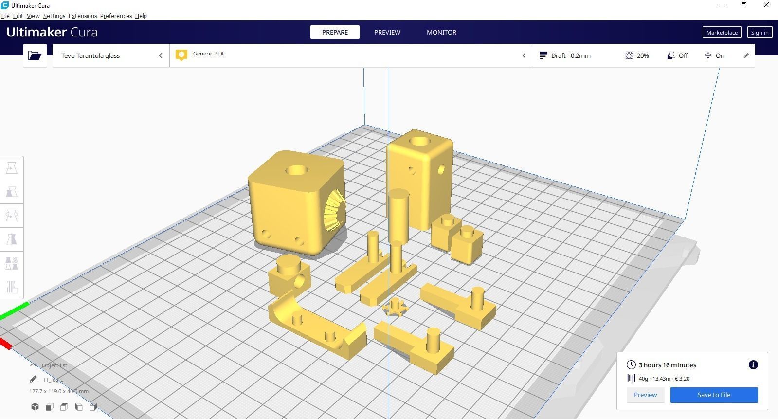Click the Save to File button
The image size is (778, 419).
[714, 395]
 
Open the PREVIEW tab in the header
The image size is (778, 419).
[387, 32]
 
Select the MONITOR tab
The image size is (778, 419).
[441, 32]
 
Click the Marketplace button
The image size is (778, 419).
[722, 33]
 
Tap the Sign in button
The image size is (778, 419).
[760, 33]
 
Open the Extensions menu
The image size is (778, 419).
[82, 16]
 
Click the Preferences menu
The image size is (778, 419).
[116, 16]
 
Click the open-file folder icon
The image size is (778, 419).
[35, 55]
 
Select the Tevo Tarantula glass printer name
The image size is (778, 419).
[90, 55]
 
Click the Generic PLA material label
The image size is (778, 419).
[208, 54]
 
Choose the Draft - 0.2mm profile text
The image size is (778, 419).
[571, 55]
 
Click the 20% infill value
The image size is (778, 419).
[642, 55]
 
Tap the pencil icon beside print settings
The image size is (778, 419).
[746, 55]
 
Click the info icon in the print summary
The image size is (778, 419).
[753, 365]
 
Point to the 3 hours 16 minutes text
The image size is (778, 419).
[667, 365]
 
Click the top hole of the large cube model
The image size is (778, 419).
[296, 171]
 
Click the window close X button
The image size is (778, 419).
[766, 5]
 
